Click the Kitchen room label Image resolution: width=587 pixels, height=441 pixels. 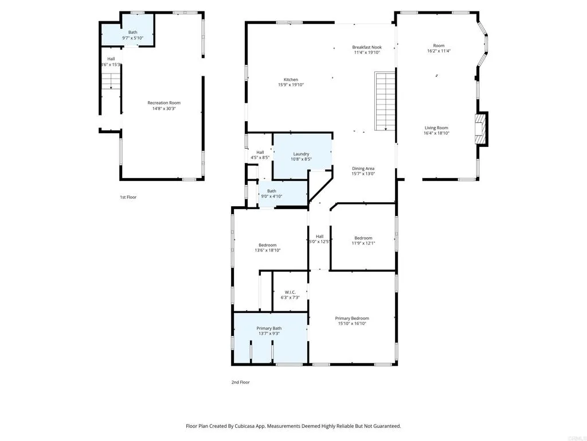(x=291, y=80)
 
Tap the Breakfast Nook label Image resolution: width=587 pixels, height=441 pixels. (x=367, y=47)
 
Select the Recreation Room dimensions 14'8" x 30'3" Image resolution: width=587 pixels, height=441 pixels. (x=164, y=109)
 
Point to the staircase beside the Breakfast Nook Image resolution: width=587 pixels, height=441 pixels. (x=385, y=101)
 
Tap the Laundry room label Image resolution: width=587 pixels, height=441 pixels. (x=301, y=154)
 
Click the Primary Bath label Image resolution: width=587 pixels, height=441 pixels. (x=269, y=328)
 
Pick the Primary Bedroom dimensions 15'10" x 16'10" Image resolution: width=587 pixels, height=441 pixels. (x=352, y=324)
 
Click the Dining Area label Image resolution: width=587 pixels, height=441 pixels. (x=363, y=169)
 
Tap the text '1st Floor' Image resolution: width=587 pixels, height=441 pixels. (x=128, y=197)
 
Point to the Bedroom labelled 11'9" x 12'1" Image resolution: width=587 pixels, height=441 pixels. (x=363, y=238)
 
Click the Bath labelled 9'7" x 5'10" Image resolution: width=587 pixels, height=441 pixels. (x=132, y=33)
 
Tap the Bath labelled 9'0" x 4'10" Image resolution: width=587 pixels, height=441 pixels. (x=271, y=191)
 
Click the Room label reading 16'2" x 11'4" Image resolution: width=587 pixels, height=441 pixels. (x=439, y=46)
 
